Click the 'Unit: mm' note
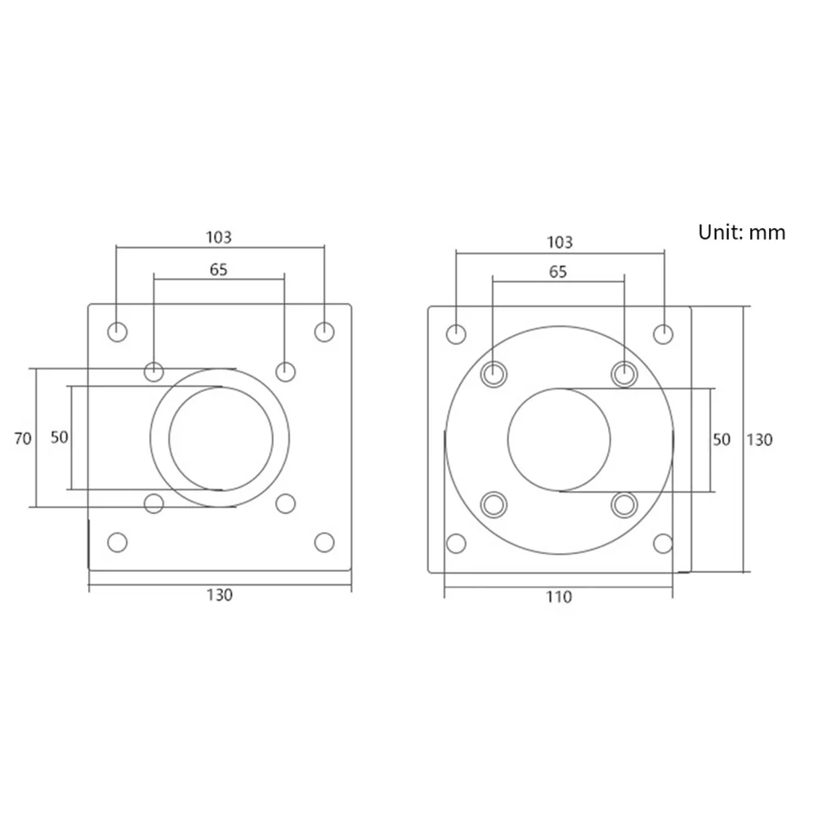[741, 232]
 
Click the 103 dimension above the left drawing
[218, 237]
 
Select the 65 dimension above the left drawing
[218, 270]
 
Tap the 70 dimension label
[23, 438]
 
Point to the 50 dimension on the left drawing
[60, 436]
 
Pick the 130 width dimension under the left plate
[219, 595]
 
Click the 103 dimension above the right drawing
[559, 242]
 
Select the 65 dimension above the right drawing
[558, 272]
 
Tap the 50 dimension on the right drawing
[721, 440]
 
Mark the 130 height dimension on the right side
[759, 440]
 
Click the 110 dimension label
[559, 597]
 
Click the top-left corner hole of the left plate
[118, 332]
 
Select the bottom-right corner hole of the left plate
[324, 542]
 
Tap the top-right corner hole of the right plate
[664, 333]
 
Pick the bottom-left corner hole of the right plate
[456, 543]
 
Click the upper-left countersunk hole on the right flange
[494, 374]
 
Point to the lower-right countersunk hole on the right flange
[624, 504]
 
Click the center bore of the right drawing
[559, 439]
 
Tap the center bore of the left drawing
[220, 439]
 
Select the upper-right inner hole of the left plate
[284, 372]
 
